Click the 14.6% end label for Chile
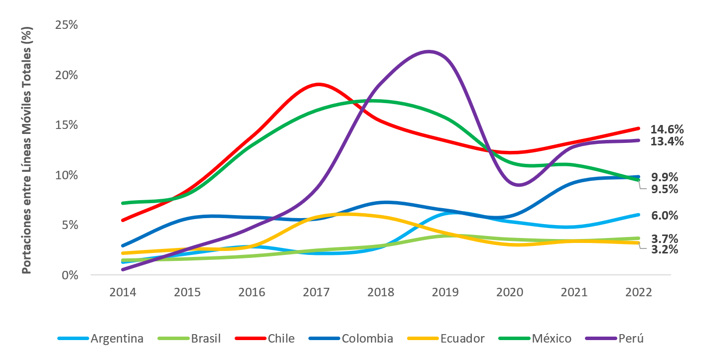pos(667,129)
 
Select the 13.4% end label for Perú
pos(667,141)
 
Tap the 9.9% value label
pos(664,177)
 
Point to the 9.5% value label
pos(664,189)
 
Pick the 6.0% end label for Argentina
pos(664,216)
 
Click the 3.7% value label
pos(664,239)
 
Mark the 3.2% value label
pos(664,249)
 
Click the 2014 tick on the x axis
pos(123,292)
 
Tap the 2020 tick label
pos(510,292)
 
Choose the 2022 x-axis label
pos(639,292)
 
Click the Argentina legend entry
pos(117,339)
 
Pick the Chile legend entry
pos(281,339)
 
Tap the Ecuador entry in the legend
pos(462,339)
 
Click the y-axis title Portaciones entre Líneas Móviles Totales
pos(27,149)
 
